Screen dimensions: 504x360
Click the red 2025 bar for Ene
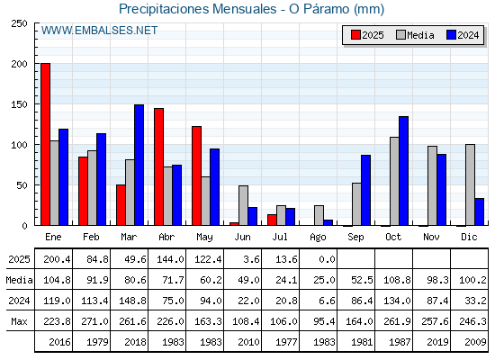pos(45,144)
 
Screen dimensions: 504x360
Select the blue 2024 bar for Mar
pos(139,165)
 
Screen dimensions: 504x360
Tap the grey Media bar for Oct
pos(395,181)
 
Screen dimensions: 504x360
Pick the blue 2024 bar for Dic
pos(479,211)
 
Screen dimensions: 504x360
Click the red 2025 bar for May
pos(197,175)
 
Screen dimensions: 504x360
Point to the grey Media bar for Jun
pos(243,205)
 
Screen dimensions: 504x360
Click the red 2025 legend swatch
pos(355,35)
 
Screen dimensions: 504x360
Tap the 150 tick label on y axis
pos(19,104)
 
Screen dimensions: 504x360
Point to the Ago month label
pos(318,238)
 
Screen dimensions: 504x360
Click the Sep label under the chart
pos(355,238)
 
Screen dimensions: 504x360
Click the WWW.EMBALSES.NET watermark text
pos(99,31)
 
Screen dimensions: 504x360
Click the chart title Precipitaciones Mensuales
pos(197,9)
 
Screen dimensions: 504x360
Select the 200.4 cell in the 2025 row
pos(57,259)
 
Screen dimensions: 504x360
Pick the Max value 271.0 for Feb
pos(94,321)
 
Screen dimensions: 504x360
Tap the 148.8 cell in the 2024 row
pos(132,301)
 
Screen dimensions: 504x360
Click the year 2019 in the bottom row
pos(437,342)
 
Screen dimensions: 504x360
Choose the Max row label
pos(19,321)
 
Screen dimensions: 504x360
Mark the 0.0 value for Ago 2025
pos(327,259)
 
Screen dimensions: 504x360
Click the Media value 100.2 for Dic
pos(472,280)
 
